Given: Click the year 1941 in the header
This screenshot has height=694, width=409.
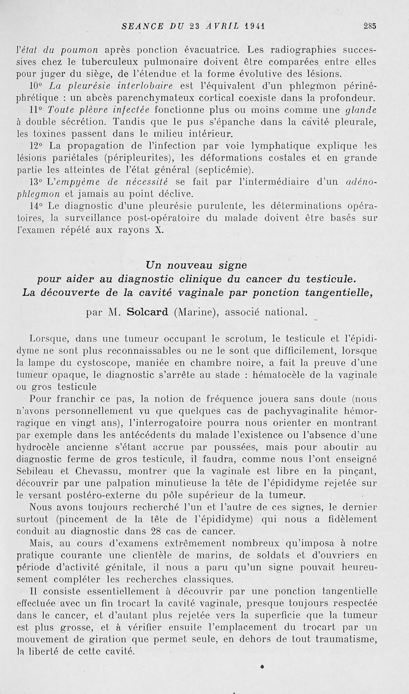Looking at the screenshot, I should [257, 26].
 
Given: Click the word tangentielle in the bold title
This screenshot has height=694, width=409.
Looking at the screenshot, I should [336, 293].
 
